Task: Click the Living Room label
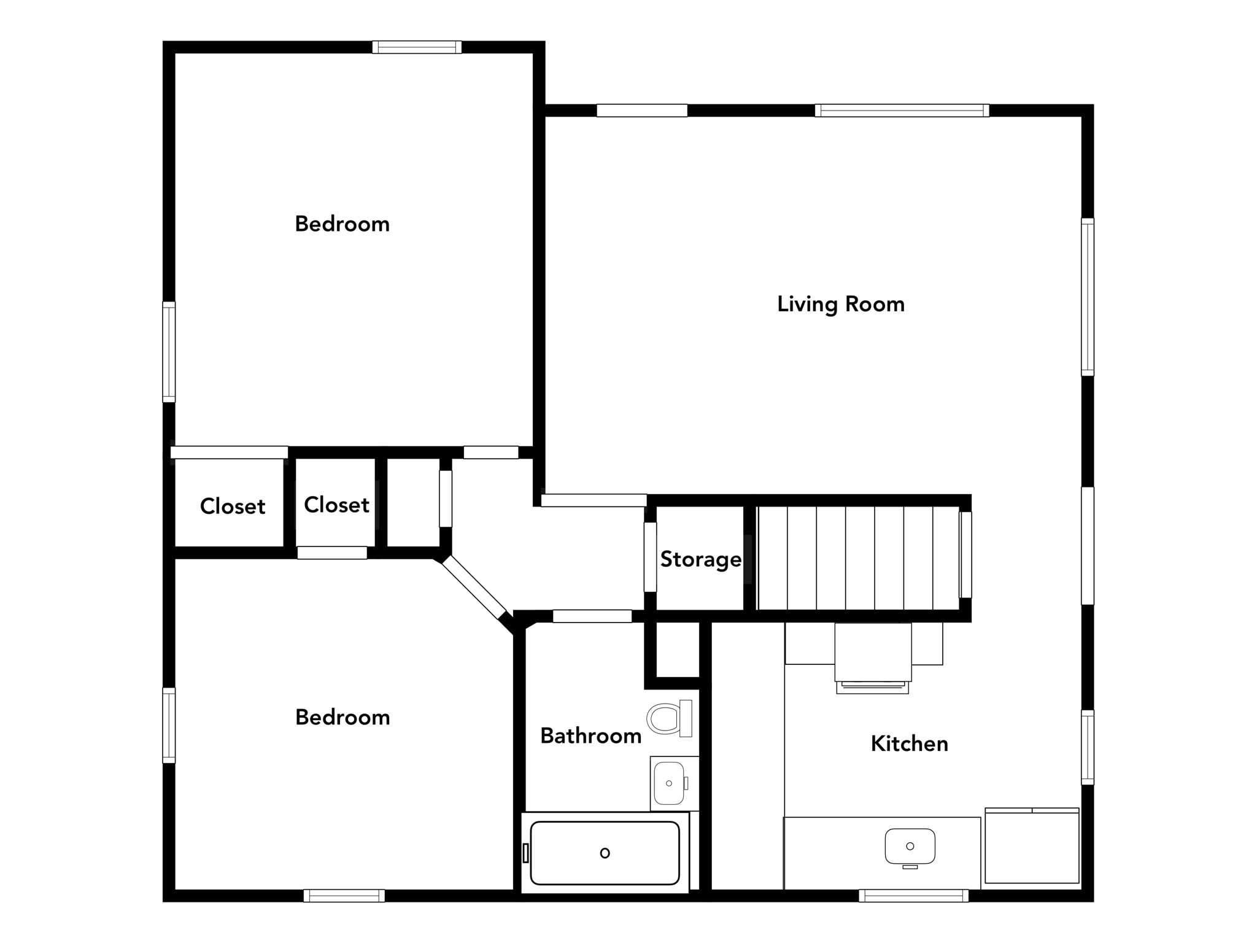(x=840, y=305)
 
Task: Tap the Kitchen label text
(x=909, y=744)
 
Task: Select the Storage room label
(x=700, y=559)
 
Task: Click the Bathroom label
(x=590, y=735)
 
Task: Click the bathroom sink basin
(x=669, y=783)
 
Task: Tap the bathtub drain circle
(x=605, y=853)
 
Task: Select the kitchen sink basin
(x=910, y=846)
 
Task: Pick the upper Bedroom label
(x=342, y=224)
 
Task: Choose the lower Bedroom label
(x=342, y=717)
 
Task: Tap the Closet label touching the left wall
(x=232, y=506)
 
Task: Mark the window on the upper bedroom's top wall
(x=417, y=47)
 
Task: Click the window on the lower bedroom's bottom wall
(x=344, y=896)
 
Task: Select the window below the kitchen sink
(x=913, y=896)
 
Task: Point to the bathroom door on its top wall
(x=592, y=616)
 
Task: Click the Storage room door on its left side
(x=650, y=557)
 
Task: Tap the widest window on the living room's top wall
(x=902, y=111)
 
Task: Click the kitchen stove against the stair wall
(x=873, y=657)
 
